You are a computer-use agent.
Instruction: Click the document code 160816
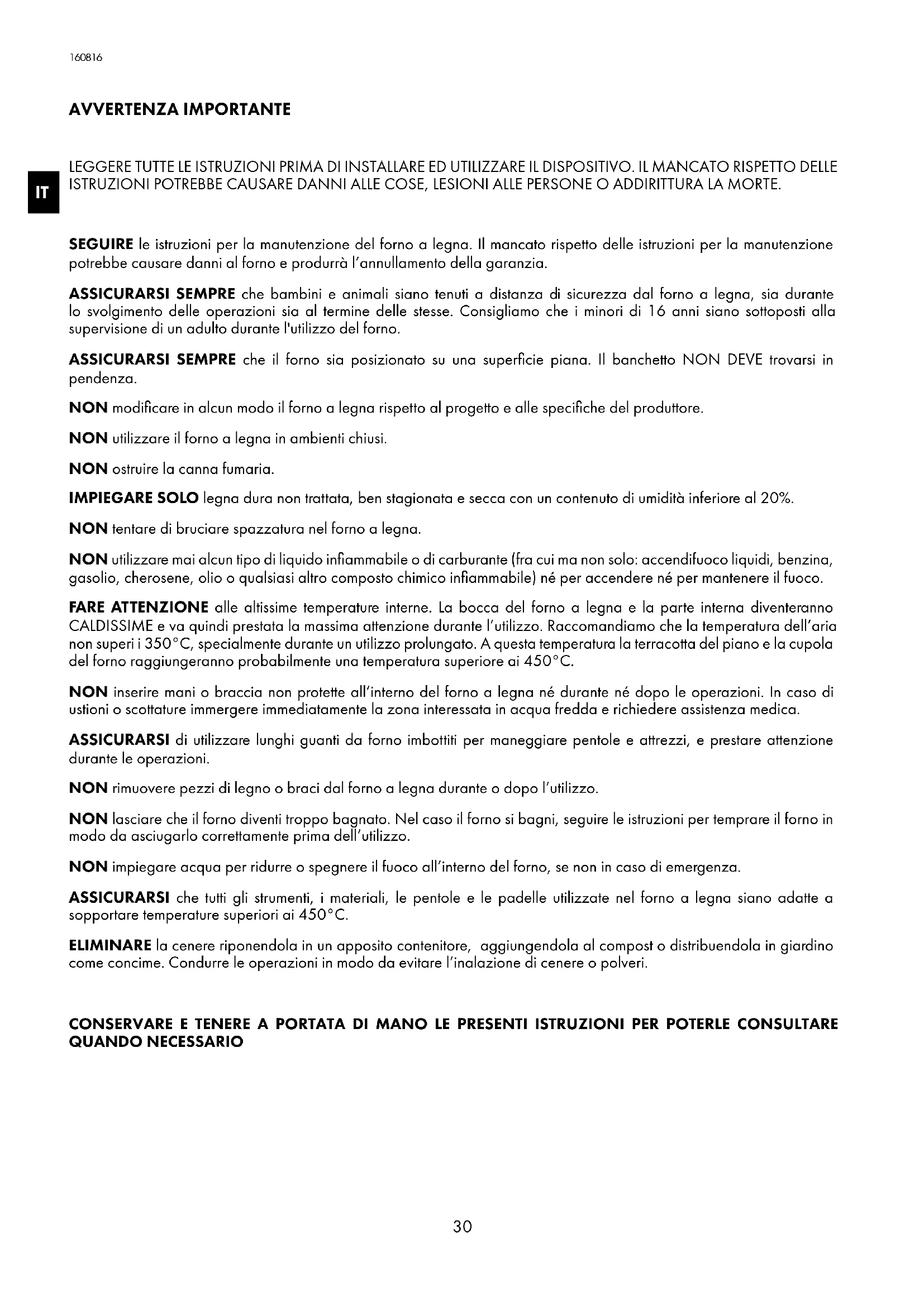86,58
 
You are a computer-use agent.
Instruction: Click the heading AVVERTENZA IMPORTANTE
179,109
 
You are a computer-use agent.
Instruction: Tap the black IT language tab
42,192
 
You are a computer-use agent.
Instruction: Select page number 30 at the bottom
462,1227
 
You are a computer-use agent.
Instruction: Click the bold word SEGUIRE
101,245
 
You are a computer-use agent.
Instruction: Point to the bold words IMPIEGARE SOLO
133,499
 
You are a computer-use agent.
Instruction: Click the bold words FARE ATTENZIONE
138,607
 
